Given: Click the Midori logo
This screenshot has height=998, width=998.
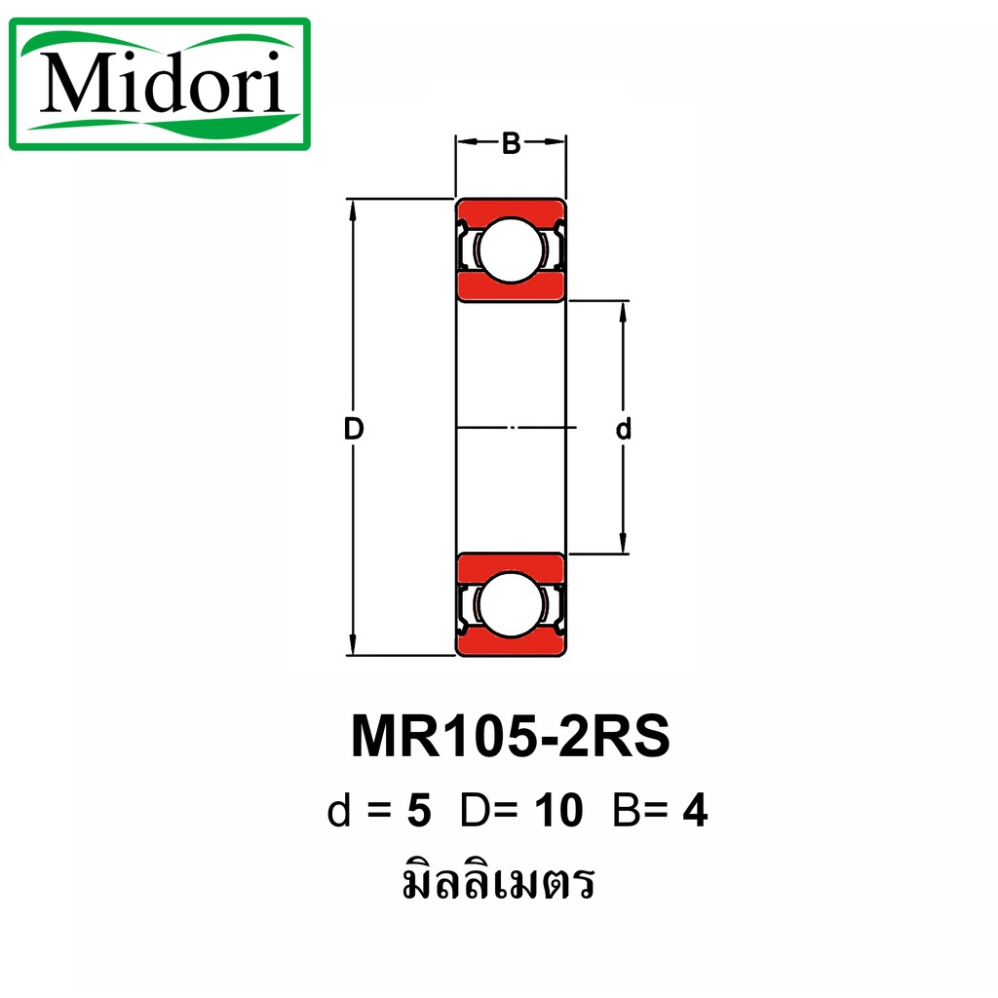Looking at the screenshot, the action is point(160,84).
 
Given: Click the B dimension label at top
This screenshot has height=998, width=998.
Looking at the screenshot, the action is point(511,143).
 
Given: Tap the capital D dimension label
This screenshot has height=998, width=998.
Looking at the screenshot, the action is point(354,429).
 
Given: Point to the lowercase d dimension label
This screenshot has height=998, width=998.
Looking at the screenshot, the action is point(623,429).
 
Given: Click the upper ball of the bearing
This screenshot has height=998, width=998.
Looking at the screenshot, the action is point(511,250).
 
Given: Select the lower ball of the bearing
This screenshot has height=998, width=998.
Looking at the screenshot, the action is point(511,603).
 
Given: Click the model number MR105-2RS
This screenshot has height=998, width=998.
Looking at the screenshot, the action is point(511,737).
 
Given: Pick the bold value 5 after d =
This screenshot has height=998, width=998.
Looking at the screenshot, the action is point(419,812).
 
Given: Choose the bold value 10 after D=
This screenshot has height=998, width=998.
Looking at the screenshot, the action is point(558,812).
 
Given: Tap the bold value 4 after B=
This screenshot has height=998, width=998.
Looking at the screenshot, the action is point(695,812).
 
